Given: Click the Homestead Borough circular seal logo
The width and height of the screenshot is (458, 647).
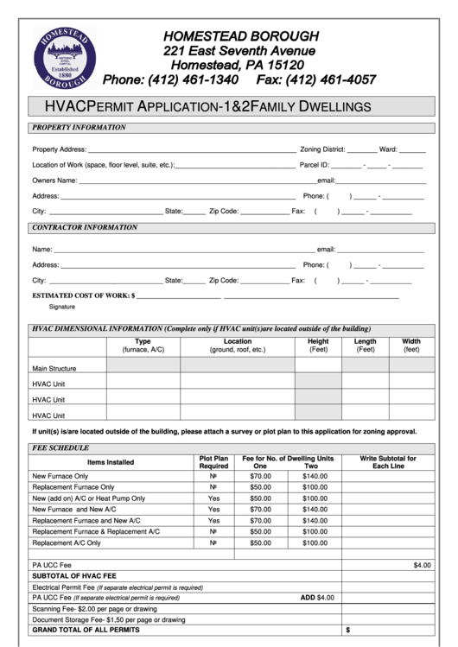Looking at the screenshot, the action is pyautogui.click(x=61, y=57).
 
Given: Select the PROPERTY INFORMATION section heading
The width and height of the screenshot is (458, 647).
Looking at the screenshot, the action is pyautogui.click(x=79, y=128).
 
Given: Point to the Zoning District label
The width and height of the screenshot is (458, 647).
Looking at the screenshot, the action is pyautogui.click(x=322, y=149).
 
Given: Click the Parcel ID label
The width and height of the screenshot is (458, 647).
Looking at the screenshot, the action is pyautogui.click(x=314, y=164).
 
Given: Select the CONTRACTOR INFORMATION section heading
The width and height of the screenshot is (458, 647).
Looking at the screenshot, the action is pyautogui.click(x=85, y=228).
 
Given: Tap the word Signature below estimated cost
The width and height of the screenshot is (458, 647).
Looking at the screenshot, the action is pyautogui.click(x=61, y=307).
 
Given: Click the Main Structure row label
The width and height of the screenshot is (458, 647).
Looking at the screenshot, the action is pyautogui.click(x=54, y=368).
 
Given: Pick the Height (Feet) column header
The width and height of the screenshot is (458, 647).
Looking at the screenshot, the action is pyautogui.click(x=318, y=346).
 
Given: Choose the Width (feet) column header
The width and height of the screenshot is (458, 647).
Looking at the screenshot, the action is pyautogui.click(x=411, y=346).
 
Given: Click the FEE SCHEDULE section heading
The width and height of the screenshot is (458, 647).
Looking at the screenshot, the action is pyautogui.click(x=60, y=449).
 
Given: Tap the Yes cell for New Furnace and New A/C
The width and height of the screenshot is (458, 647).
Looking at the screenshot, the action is pyautogui.click(x=213, y=510).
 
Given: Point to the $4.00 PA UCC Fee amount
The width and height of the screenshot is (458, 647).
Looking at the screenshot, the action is pyautogui.click(x=422, y=565).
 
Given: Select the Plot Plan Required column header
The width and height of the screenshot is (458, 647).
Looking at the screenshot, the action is pyautogui.click(x=213, y=462).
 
